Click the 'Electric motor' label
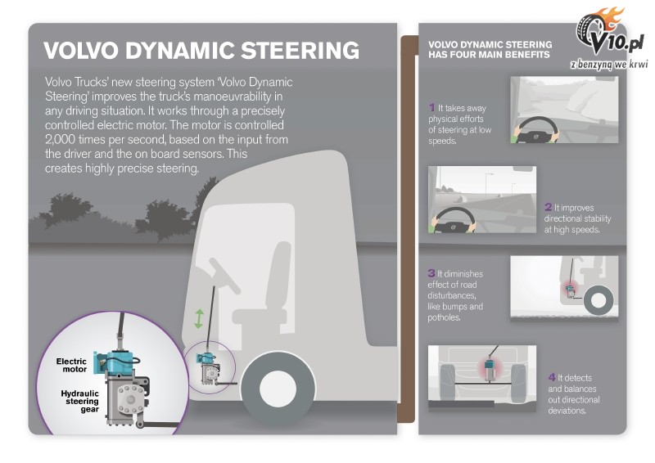[x=70, y=365]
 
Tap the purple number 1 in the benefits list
[x=431, y=107]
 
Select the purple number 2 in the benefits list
[x=548, y=208]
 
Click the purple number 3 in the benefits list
[x=431, y=272]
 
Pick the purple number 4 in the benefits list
[x=552, y=377]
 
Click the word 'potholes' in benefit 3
[x=445, y=317]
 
